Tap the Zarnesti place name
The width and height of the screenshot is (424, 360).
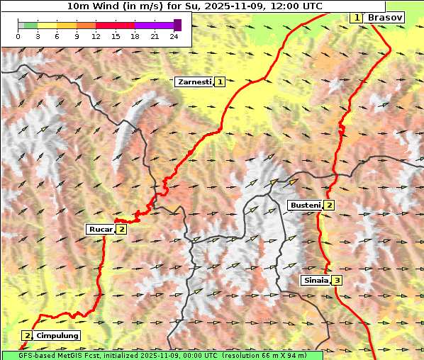pos(194,82)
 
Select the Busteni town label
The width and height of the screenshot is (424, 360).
pos(305,206)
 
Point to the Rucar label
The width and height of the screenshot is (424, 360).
pos(100,229)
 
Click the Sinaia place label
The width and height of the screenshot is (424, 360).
pos(316,281)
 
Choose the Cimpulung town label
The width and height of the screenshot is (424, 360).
pos(57,335)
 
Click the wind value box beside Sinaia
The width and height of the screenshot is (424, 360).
pos(337,281)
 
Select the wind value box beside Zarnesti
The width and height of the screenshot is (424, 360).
pos(221,82)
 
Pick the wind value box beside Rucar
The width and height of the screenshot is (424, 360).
pos(122,229)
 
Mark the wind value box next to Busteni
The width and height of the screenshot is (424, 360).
pos(330,206)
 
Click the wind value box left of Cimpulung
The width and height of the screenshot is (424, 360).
pos(27,335)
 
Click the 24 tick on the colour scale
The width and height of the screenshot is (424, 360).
pos(174,36)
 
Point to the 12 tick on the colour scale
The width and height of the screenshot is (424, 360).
pos(96,36)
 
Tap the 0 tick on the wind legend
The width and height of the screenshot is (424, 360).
pos(18,36)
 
